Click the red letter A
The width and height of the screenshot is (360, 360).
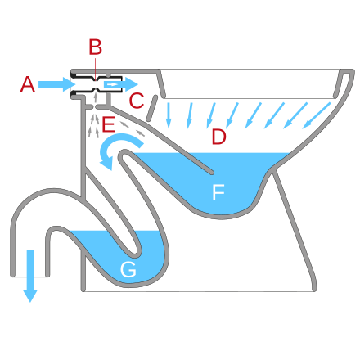click(x=28, y=84)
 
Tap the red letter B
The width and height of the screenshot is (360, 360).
click(x=95, y=47)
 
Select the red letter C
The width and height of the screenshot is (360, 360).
click(x=137, y=101)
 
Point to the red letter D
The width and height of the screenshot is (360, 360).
click(x=218, y=137)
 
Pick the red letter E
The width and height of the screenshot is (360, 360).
click(x=108, y=124)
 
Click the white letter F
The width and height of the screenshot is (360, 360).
click(x=218, y=192)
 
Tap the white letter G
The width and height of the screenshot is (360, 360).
click(x=128, y=269)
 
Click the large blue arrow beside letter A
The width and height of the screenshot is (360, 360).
click(x=56, y=84)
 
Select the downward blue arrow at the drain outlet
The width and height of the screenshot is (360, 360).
click(x=30, y=276)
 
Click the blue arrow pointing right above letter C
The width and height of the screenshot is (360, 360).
click(x=121, y=84)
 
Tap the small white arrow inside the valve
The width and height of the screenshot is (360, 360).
click(x=113, y=84)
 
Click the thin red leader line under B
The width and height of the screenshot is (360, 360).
click(x=95, y=68)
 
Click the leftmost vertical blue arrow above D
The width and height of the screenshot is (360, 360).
click(x=169, y=115)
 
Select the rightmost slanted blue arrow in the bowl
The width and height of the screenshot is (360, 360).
click(x=317, y=115)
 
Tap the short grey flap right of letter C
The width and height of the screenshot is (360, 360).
click(x=152, y=108)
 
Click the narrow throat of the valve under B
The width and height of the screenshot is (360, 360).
click(x=96, y=84)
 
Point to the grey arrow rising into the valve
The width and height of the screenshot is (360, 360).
click(x=96, y=97)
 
